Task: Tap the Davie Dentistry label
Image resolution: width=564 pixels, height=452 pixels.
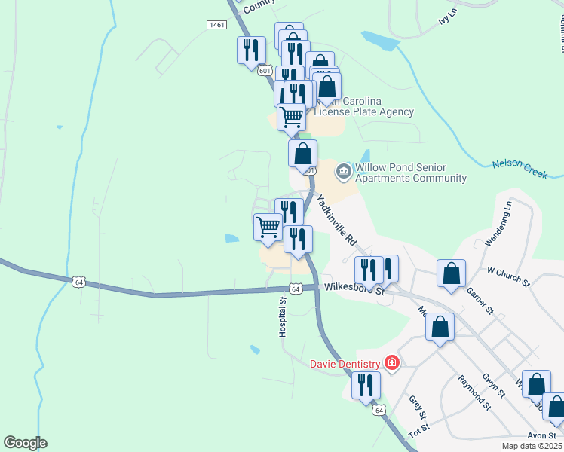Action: point(346,364)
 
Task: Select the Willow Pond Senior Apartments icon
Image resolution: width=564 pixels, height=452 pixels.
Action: point(344,173)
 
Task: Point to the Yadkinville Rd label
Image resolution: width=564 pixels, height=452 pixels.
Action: point(336,221)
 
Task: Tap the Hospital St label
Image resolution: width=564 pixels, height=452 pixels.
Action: point(284,316)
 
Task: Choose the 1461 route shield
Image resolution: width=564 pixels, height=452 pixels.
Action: point(216,25)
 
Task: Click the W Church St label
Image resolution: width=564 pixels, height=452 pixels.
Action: point(509,276)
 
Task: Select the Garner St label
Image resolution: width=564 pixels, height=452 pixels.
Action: point(480,300)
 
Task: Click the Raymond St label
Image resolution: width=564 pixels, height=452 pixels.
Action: point(474,395)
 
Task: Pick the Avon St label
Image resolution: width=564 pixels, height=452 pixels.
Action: point(541,435)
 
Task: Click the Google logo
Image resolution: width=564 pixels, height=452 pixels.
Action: point(25,443)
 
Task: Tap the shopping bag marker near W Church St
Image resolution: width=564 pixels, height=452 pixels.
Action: point(451,273)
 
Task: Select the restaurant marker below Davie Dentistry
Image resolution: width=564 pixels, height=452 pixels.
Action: point(366,386)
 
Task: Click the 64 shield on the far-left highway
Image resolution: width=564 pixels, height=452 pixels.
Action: point(78,282)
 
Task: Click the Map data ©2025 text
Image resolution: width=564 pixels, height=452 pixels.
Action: point(532,446)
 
